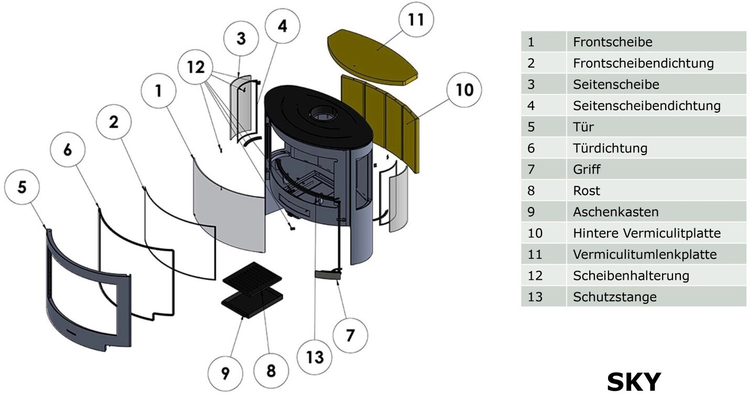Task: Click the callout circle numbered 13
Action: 315,357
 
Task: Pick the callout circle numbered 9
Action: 225,373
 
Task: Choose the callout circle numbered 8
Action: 270,370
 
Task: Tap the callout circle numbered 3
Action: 240,38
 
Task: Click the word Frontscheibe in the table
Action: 613,41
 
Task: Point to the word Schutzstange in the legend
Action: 614,297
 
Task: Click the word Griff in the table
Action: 587,169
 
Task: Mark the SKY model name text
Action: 634,381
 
